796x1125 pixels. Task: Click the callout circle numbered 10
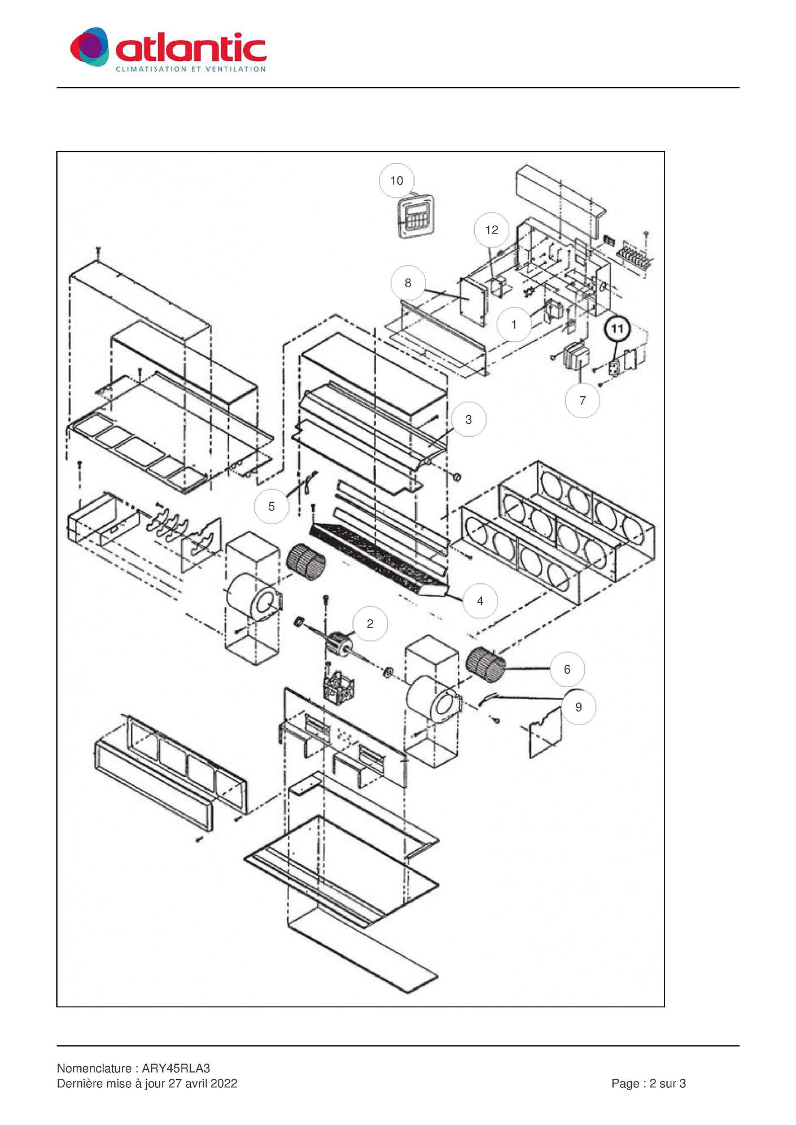point(397,181)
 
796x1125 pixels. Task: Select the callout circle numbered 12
point(492,230)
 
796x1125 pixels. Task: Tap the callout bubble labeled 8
point(408,283)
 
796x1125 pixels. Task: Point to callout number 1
point(514,325)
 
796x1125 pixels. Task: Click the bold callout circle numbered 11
point(618,329)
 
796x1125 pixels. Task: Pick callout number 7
point(583,401)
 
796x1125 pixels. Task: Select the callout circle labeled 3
point(469,420)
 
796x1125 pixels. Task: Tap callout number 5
point(272,507)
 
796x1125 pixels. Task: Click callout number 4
point(480,601)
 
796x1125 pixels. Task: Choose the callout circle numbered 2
point(370,624)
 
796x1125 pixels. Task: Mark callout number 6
point(567,670)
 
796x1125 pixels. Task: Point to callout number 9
point(579,707)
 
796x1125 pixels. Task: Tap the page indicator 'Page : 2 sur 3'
point(649,1083)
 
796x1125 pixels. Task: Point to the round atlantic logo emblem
point(89,47)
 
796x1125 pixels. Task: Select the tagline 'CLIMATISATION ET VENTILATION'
point(191,69)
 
